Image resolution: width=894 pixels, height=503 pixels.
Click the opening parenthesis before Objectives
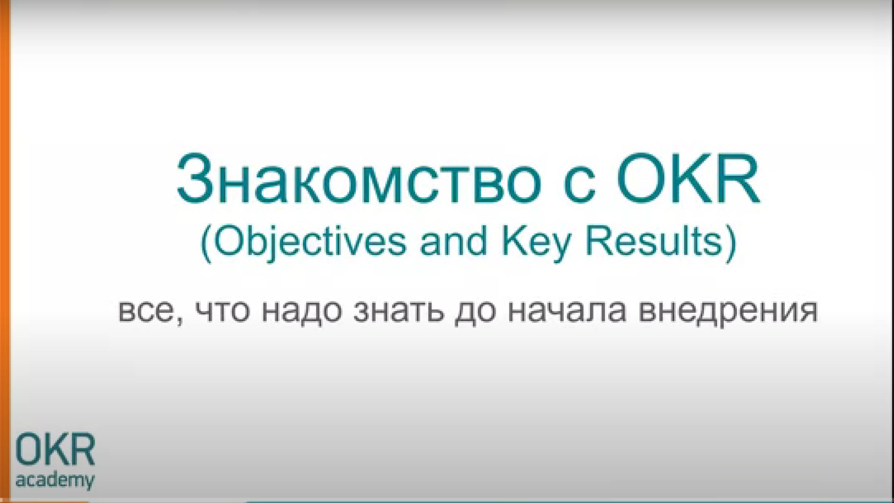point(206,244)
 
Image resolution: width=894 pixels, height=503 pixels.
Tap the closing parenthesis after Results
point(731,244)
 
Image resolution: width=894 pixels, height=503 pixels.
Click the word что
point(223,311)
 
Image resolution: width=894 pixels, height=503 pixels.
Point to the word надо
point(302,311)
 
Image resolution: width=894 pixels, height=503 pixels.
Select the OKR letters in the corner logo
point(55,449)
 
